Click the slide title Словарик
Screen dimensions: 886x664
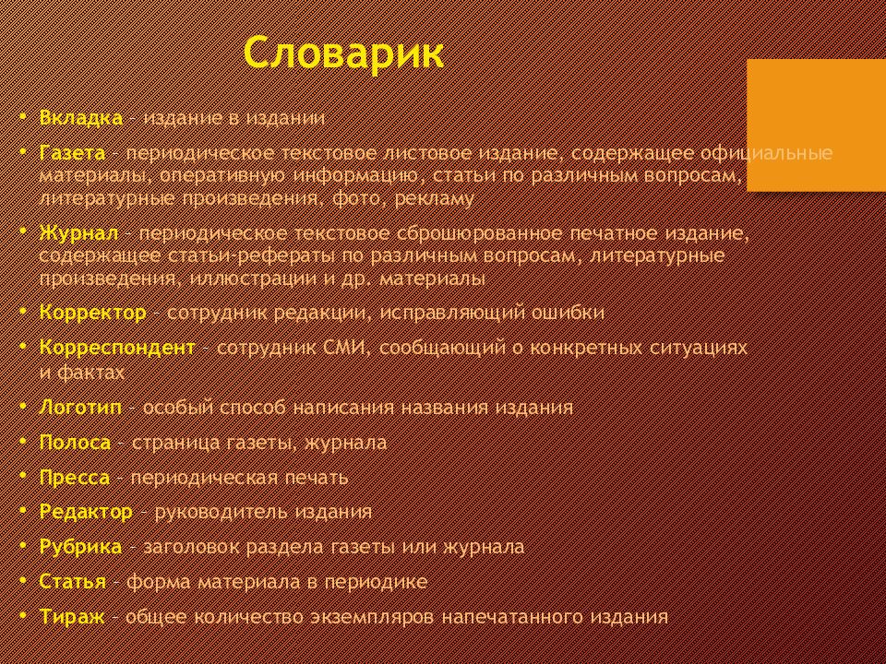click(344, 53)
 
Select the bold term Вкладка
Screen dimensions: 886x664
click(81, 118)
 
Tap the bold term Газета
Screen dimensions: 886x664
click(72, 153)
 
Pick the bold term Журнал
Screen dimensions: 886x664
click(79, 233)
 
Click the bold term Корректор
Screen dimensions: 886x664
click(92, 313)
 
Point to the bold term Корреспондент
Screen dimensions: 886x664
click(117, 348)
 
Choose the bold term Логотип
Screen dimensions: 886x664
click(80, 407)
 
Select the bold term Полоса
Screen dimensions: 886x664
click(75, 442)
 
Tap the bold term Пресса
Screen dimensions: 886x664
click(75, 478)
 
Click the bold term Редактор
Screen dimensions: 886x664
click(87, 512)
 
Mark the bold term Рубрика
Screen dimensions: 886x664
click(80, 547)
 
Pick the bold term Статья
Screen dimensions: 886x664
click(72, 582)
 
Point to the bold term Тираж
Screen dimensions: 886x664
click(72, 617)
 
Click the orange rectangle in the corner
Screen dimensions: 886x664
click(817, 125)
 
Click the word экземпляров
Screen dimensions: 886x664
click(372, 617)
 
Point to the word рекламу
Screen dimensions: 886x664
click(434, 199)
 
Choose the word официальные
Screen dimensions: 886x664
click(766, 154)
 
